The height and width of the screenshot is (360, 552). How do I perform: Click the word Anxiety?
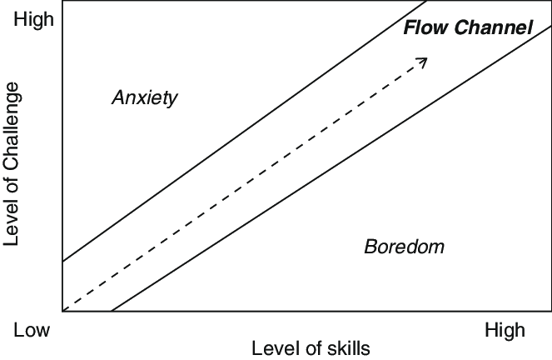(145, 98)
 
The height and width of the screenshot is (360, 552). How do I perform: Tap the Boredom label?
(404, 247)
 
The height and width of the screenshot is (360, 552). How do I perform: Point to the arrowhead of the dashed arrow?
(424, 61)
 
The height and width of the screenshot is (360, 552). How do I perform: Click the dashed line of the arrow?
(241, 186)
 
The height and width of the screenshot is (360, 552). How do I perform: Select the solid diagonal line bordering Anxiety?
(233, 137)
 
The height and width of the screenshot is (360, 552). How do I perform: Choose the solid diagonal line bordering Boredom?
(333, 167)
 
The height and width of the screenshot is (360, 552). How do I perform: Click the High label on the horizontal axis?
(505, 331)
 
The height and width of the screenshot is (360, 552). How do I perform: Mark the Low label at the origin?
(32, 331)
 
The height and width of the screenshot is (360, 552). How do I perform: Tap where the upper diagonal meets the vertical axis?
(62, 262)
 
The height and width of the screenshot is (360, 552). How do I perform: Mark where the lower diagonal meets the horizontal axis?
(110, 311)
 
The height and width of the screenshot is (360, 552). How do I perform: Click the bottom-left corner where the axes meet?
(62, 311)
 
